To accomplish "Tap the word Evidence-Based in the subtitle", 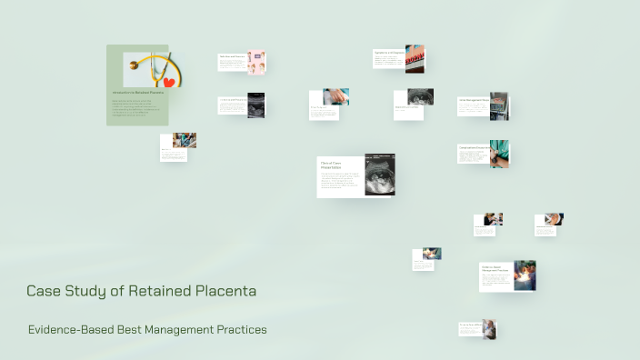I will (71, 329).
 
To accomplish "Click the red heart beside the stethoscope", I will (168, 82).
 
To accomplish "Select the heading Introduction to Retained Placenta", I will (137, 93).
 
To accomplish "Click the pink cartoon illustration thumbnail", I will (256, 62).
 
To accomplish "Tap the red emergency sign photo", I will (415, 58).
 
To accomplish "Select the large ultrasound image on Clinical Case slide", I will (379, 175).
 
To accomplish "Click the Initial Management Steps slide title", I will (474, 100).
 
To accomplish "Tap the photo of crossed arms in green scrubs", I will (499, 153).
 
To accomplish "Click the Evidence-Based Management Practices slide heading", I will (495, 269).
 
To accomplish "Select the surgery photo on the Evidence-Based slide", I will (525, 275).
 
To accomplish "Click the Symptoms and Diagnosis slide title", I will (388, 53).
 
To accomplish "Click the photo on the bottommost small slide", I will (489, 328).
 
